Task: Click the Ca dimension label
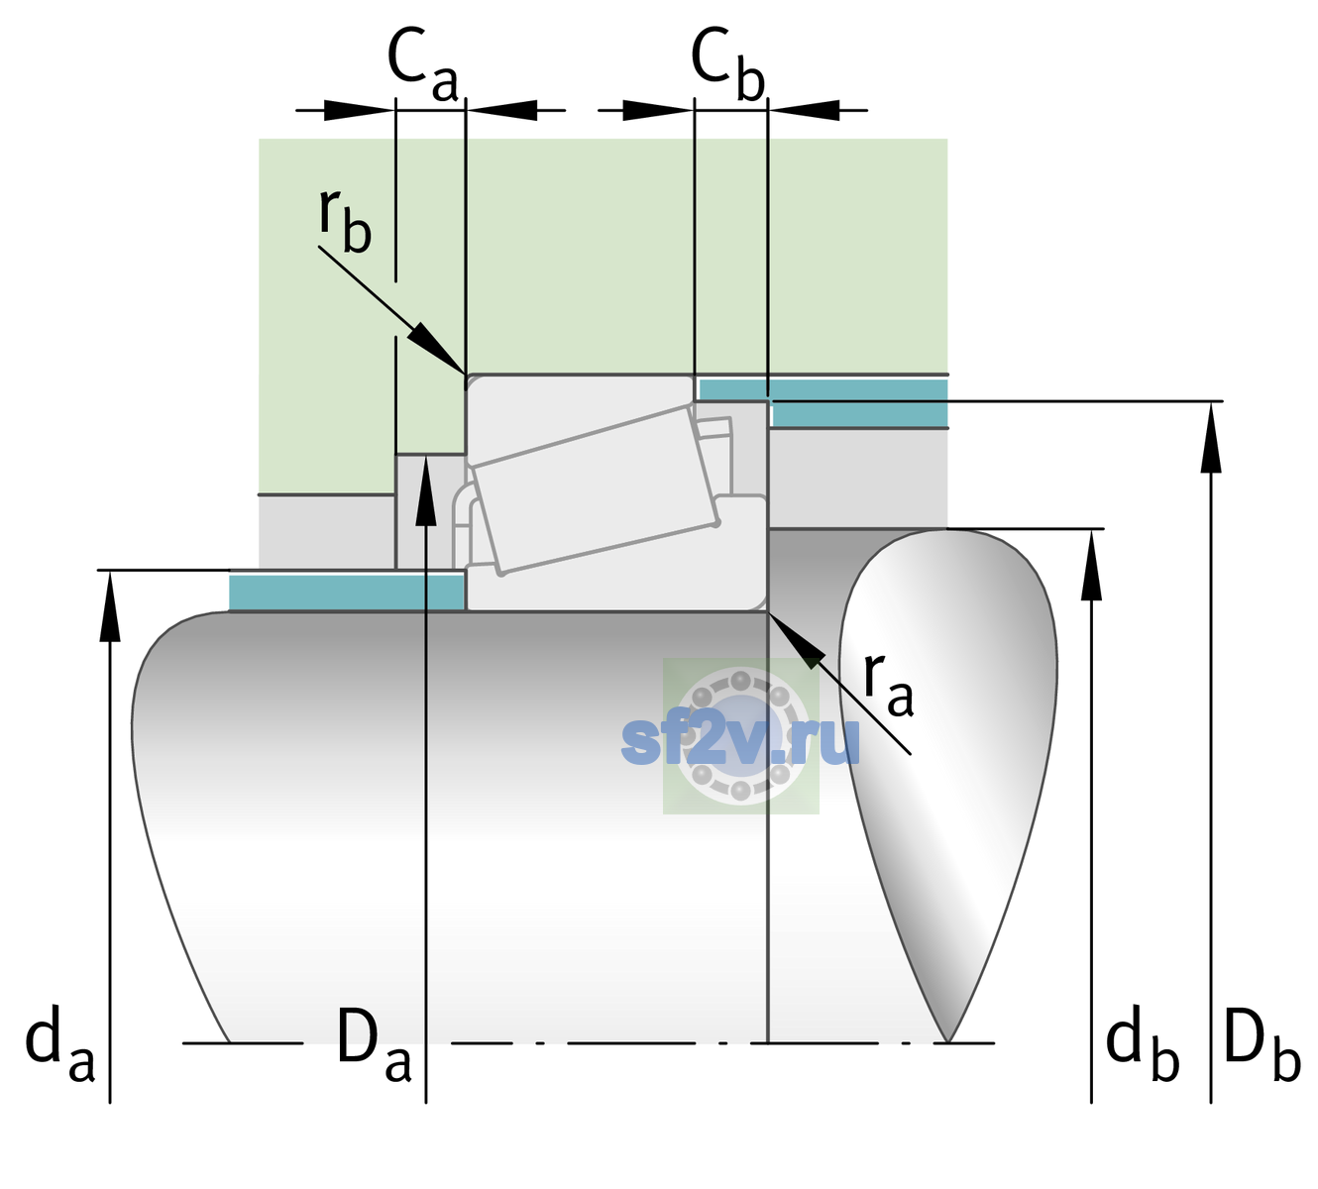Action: tap(422, 65)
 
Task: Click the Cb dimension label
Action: tap(728, 65)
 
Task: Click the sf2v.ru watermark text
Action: tap(740, 741)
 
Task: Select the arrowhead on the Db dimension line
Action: tap(1211, 437)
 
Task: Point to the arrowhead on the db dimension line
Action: tap(1091, 565)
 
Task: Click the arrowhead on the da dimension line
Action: tap(110, 605)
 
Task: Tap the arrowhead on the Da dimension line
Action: tap(426, 489)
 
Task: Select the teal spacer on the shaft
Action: tap(346, 593)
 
